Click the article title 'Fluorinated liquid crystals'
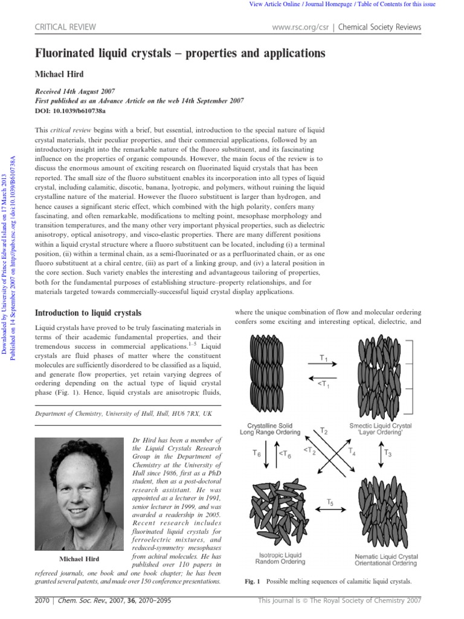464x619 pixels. pos(180,54)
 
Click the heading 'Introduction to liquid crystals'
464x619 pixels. pos(88,313)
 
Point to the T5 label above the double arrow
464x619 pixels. pos(330,502)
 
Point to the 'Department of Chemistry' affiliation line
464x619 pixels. pos(123,413)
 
